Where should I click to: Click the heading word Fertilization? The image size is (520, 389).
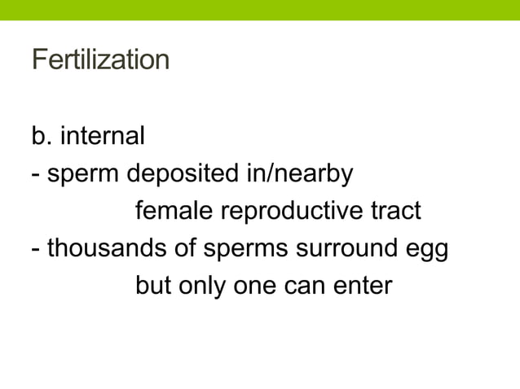(100, 61)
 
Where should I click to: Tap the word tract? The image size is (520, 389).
(394, 212)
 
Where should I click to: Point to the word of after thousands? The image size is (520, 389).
(184, 249)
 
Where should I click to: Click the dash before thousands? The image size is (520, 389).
(37, 250)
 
